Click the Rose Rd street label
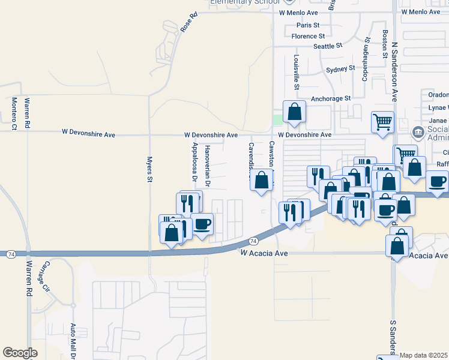point(188,23)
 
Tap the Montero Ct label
point(14,113)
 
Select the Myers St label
point(150,171)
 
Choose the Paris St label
point(309,25)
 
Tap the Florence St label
point(308,36)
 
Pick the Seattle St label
point(328,46)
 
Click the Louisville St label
point(297,72)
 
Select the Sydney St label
point(340,70)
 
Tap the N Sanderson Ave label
point(395,71)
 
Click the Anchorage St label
point(330,98)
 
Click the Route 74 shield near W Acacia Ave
point(253,241)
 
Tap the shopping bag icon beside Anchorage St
point(294,112)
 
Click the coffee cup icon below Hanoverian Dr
point(202,224)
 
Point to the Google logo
point(20,353)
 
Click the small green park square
point(277,119)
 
